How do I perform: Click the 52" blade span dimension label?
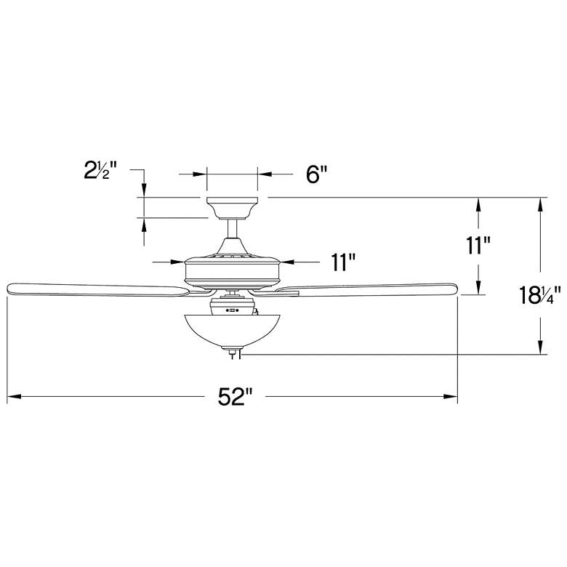[x=234, y=397]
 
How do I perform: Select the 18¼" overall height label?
[x=540, y=294]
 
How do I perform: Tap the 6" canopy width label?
[x=316, y=174]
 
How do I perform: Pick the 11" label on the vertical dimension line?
[x=478, y=246]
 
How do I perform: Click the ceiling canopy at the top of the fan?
[x=232, y=209]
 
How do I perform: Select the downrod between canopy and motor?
[x=232, y=229]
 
